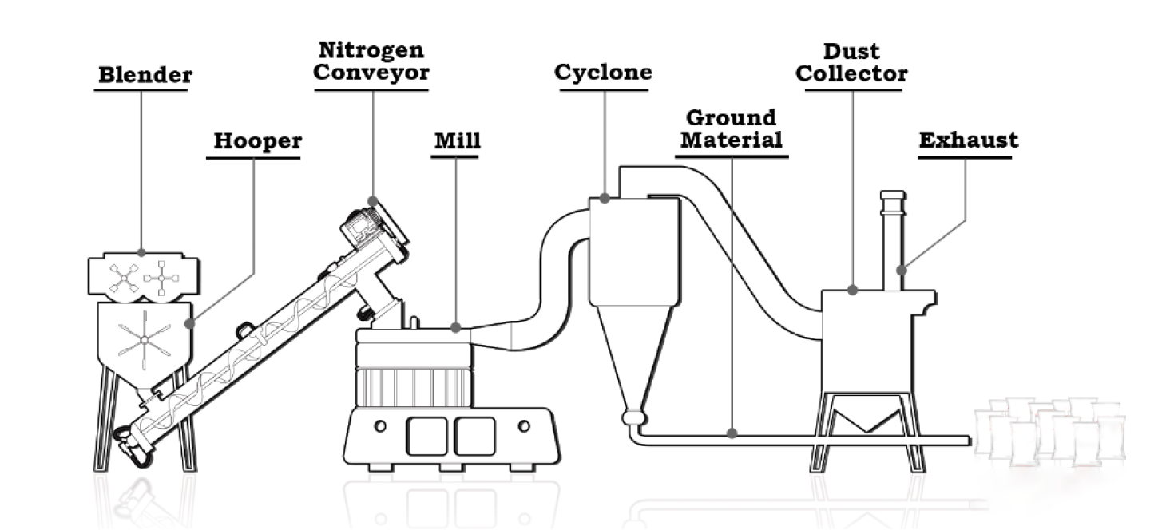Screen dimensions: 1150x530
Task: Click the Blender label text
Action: pyautogui.click(x=145, y=75)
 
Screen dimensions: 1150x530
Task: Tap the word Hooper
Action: pyautogui.click(x=258, y=141)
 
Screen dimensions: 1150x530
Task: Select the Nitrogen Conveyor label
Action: pyautogui.click(x=371, y=61)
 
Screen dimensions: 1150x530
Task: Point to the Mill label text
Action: pyautogui.click(x=458, y=140)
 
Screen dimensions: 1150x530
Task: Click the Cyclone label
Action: pyautogui.click(x=603, y=73)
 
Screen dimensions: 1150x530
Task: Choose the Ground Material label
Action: pyautogui.click(x=731, y=129)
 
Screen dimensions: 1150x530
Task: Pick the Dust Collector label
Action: pyautogui.click(x=851, y=62)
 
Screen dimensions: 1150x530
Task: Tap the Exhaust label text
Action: pyautogui.click(x=968, y=140)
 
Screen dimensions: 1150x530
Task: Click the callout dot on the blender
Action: pyautogui.click(x=141, y=252)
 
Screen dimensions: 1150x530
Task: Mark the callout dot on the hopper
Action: pyautogui.click(x=190, y=324)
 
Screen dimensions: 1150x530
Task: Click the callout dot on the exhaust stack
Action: pyautogui.click(x=902, y=270)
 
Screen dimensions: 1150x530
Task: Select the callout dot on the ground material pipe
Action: pyautogui.click(x=732, y=433)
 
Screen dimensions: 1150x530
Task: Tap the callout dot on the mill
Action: pyautogui.click(x=456, y=327)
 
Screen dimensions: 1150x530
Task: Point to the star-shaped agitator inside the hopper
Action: pyautogui.click(x=145, y=340)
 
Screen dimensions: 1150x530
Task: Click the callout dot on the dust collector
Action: pyautogui.click(x=853, y=290)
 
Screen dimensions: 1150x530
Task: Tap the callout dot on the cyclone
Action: pyautogui.click(x=605, y=198)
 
